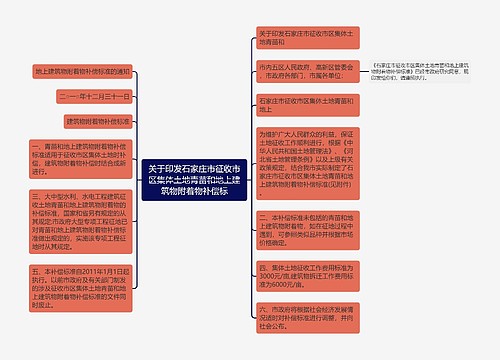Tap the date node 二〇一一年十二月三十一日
(x=94, y=96)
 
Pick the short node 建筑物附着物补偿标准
(x=97, y=120)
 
